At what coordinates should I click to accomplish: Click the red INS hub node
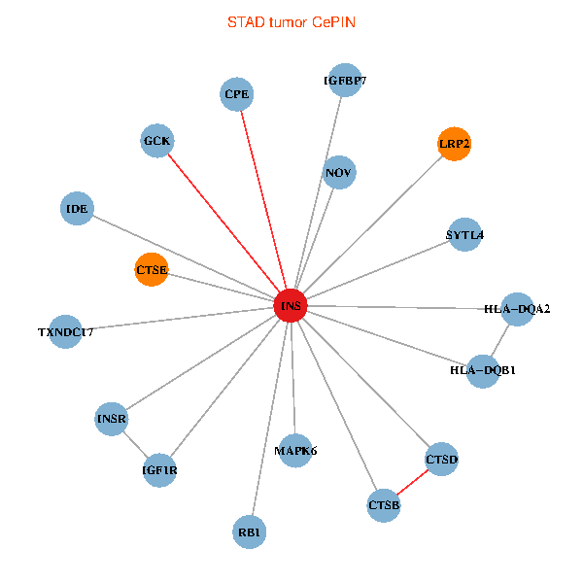(291, 306)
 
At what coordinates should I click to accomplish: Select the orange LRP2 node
(454, 144)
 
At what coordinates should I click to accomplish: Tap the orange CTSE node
(152, 269)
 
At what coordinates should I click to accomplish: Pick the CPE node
(237, 94)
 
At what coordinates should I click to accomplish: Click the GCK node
(156, 141)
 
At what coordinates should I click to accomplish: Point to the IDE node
(77, 208)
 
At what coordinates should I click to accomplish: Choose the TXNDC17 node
(65, 331)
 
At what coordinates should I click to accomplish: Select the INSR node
(112, 419)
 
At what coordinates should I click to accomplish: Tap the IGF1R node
(159, 470)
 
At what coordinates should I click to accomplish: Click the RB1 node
(250, 532)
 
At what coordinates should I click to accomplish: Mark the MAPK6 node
(295, 450)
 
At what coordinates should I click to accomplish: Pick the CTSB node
(384, 505)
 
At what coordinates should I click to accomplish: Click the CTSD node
(441, 459)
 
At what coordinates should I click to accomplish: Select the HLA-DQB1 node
(483, 370)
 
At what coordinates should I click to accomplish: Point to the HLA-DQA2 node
(517, 309)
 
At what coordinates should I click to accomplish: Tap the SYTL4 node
(464, 235)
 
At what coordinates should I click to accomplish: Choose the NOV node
(339, 173)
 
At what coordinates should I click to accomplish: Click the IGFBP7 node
(344, 82)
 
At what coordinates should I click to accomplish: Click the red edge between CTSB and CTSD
(413, 482)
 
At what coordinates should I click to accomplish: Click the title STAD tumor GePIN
(291, 21)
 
